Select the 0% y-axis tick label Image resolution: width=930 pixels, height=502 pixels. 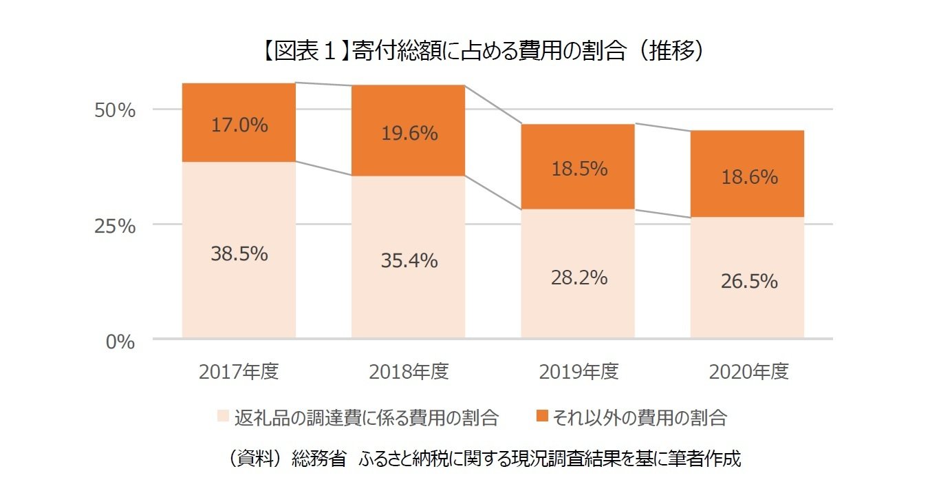pos(120,341)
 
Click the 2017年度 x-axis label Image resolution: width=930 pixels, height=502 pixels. pos(239,373)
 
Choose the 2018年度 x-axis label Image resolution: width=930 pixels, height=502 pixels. pos(409,373)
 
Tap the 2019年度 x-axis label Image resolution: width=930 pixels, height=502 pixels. pos(578,373)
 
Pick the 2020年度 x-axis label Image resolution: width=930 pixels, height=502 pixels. pos(748,373)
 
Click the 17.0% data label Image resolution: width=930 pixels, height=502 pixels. pos(239,125)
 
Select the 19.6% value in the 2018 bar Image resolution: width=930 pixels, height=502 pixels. pos(409,134)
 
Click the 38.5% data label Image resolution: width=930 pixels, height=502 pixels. pos(239,254)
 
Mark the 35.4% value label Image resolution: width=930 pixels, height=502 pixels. pos(409,261)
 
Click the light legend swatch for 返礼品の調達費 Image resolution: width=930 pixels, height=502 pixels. pos(223,417)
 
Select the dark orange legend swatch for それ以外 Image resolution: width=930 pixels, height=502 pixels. pos(542,417)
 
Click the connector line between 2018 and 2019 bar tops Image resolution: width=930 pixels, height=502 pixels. pos(493,105)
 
